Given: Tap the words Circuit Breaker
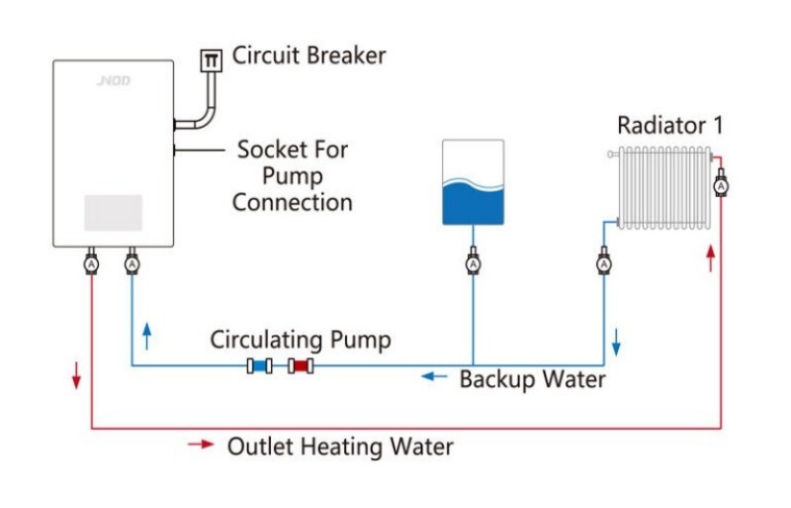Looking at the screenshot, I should click(308, 55).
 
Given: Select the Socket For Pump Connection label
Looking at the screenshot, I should click(293, 176).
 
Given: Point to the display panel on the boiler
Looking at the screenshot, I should click(113, 212).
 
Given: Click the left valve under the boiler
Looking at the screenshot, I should click(91, 264).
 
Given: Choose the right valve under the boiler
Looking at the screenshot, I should click(132, 264).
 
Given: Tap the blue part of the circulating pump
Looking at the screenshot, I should click(261, 366).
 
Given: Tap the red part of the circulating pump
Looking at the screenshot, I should click(300, 366).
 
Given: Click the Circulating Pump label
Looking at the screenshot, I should click(300, 340).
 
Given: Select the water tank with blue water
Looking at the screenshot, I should click(473, 182).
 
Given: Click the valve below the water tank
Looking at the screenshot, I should click(473, 264).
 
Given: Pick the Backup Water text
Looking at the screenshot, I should click(532, 378).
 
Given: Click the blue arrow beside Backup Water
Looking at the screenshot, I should click(433, 376).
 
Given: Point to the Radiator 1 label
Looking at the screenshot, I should click(669, 126).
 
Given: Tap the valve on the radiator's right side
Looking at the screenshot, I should click(721, 185).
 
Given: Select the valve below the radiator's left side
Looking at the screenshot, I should click(604, 264).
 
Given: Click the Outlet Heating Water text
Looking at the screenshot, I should click(340, 447).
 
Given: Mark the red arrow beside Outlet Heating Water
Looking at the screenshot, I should click(201, 445).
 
